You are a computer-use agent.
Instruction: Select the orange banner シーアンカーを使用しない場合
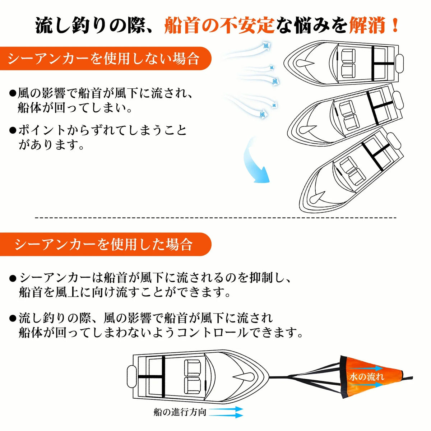click(x=106, y=59)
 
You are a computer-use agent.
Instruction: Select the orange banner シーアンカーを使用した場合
click(x=106, y=245)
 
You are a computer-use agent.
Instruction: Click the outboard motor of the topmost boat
click(x=399, y=64)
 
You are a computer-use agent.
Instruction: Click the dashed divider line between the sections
click(x=215, y=217)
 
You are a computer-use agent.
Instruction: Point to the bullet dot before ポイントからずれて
click(x=13, y=130)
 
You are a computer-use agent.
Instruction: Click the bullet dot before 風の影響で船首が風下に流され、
click(x=13, y=93)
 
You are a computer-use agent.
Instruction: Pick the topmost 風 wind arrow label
click(x=266, y=47)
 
